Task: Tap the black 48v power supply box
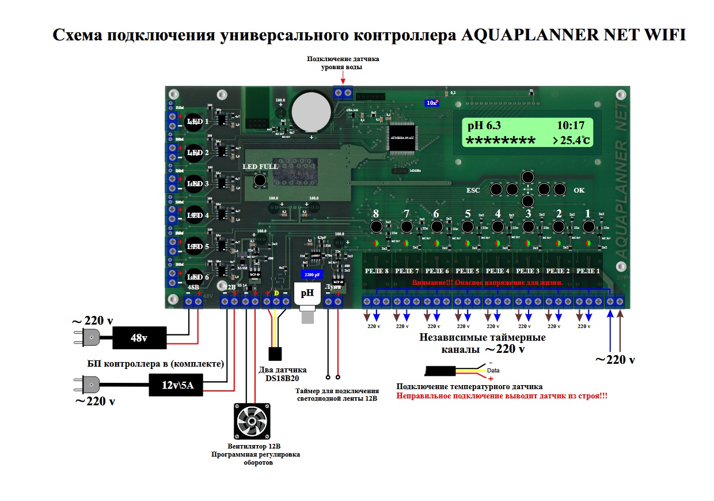[139, 338]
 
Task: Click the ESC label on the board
[473, 189]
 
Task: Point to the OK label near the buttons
[579, 189]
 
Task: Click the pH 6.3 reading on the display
[484, 126]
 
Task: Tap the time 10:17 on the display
[571, 126]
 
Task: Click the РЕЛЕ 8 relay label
[377, 270]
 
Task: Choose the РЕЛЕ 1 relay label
[588, 270]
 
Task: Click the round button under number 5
[467, 227]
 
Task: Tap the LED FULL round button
[260, 181]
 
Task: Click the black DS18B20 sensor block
[275, 353]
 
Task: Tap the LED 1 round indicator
[195, 122]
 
